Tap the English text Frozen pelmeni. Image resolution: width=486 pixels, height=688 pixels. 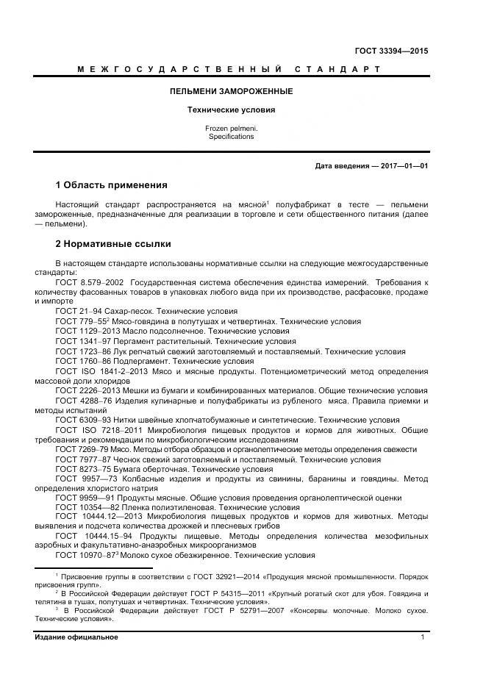(231, 129)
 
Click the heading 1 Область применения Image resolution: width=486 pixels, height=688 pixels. (112, 184)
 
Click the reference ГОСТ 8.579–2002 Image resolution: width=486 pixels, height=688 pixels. (90, 282)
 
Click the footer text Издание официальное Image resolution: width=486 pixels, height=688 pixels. (76, 637)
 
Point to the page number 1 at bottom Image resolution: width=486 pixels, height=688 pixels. (423, 637)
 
